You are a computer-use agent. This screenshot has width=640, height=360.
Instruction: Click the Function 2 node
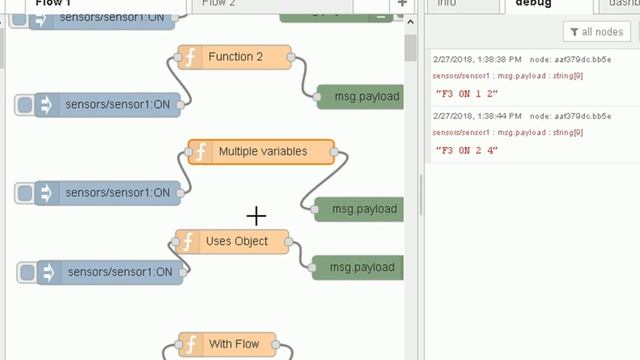[235, 57]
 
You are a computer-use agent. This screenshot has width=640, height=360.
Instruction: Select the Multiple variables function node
[262, 152]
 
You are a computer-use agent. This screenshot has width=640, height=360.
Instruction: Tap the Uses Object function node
[234, 241]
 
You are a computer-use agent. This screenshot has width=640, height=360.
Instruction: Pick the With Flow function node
[233, 344]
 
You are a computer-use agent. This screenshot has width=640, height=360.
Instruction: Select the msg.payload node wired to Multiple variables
[361, 209]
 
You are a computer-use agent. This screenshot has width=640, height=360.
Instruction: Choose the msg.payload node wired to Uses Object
[358, 267]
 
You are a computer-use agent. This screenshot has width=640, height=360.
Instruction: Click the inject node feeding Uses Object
[110, 271]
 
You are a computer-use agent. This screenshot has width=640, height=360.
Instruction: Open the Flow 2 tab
[219, 4]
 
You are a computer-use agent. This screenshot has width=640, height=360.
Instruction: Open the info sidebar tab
[447, 4]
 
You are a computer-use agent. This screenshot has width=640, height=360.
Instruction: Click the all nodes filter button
[596, 32]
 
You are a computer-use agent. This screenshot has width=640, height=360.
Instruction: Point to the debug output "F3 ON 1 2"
[467, 93]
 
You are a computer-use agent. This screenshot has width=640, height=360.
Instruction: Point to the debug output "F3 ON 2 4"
[467, 150]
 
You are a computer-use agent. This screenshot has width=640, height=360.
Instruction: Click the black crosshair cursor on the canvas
[257, 215]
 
